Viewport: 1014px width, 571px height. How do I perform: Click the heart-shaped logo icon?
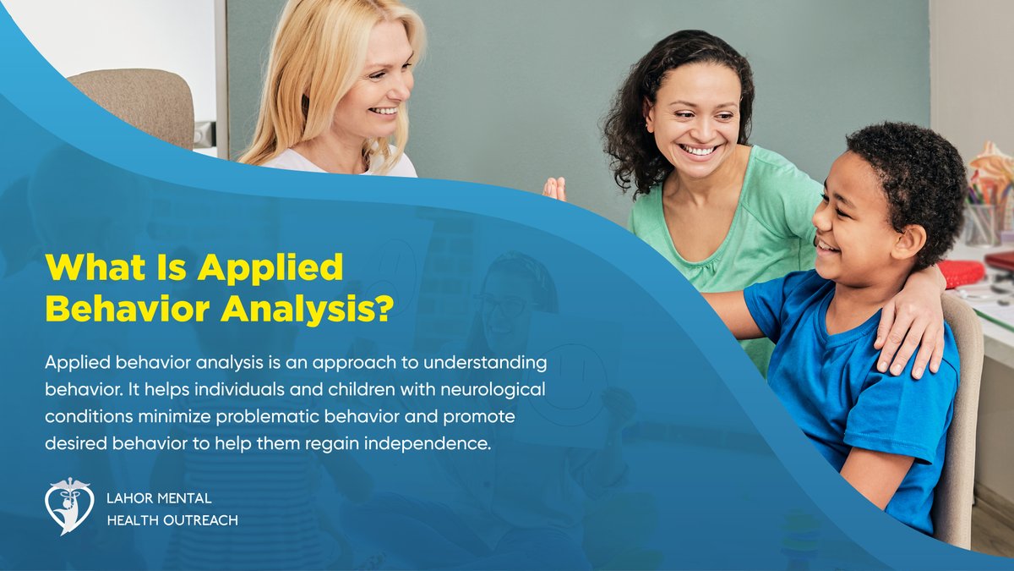click(68, 506)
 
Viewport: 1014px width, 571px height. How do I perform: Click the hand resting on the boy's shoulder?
click(911, 321)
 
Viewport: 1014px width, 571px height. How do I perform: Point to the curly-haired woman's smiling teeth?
click(700, 150)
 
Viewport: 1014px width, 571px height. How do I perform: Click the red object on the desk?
click(961, 273)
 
